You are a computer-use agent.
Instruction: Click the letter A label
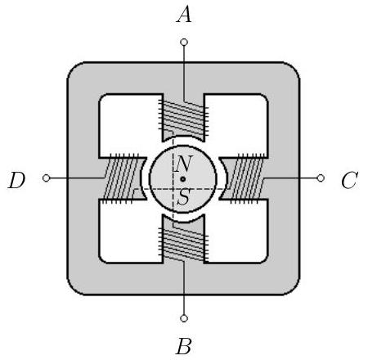pos(184,15)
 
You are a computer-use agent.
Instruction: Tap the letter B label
pos(184,346)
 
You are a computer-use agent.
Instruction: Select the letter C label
pos(350,180)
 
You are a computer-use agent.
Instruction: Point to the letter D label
pos(16,180)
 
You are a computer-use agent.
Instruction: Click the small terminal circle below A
pos(184,43)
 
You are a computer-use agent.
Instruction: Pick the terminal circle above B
pos(184,318)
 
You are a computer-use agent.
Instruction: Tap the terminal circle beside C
pos(321,178)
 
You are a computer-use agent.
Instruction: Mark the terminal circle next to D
pos(47,178)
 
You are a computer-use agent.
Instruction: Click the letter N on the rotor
pos(184,164)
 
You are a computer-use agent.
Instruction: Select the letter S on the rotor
pos(183,197)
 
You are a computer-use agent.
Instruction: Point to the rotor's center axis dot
pos(183,179)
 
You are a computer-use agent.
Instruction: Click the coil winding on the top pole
pos(183,118)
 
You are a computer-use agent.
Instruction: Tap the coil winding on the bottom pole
pos(183,244)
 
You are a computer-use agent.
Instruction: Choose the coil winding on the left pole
pos(121,178)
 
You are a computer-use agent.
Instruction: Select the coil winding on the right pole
pos(247,178)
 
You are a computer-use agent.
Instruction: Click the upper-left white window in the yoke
pos(131,125)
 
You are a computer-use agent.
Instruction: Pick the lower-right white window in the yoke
pos(236,232)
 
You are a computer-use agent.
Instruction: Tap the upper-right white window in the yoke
pos(236,125)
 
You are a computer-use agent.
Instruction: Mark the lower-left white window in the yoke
pos(131,232)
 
